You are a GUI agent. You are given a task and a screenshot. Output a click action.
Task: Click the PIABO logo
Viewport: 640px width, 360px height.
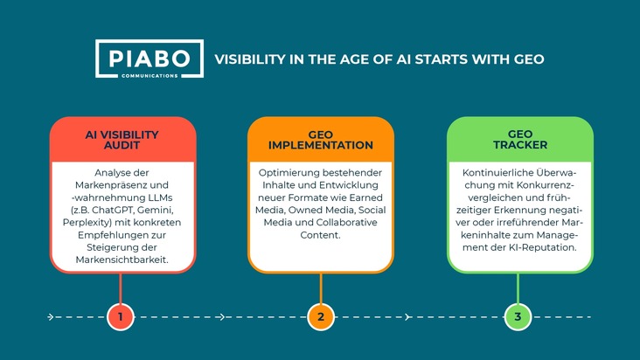[150, 59]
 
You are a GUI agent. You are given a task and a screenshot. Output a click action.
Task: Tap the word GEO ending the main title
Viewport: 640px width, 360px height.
[529, 59]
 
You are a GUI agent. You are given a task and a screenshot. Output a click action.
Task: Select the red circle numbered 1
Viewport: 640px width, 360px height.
[121, 317]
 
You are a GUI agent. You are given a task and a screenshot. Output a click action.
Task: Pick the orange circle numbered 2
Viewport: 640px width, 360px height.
[321, 317]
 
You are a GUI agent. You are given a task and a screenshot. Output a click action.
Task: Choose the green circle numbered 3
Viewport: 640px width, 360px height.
[518, 317]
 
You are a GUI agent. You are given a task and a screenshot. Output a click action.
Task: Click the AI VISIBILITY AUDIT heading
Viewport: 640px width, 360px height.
[122, 140]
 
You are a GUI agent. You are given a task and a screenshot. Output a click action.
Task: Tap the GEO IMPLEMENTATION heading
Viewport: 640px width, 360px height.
[321, 140]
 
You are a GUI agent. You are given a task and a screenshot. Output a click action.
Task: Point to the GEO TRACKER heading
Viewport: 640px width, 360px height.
[520, 140]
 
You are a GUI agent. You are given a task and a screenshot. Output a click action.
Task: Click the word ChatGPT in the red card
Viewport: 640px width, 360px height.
[113, 210]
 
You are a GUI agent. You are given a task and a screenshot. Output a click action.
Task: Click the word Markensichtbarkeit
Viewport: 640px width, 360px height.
[122, 260]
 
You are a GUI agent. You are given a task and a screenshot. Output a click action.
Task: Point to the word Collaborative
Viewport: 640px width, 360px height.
[346, 223]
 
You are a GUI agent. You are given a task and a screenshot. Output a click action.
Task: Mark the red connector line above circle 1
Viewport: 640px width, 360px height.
[121, 288]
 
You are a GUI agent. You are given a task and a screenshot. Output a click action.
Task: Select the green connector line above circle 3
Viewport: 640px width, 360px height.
[518, 288]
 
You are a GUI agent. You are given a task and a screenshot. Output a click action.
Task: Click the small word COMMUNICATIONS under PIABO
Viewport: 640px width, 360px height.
[150, 76]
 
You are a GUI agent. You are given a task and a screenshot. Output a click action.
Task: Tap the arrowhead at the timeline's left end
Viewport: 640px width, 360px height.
[51, 317]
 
